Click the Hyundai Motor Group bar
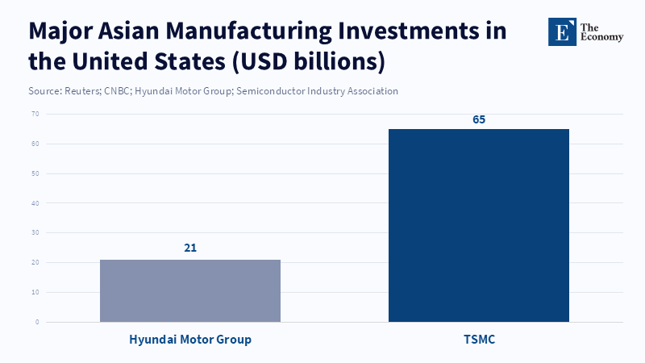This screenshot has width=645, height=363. (x=190, y=290)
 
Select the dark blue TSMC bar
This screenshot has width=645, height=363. (x=479, y=226)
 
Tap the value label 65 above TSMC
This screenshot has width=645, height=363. (x=479, y=119)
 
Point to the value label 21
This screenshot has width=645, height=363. (x=190, y=248)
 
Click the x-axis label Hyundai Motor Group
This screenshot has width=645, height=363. (x=190, y=340)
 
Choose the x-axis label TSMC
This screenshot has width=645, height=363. (x=479, y=340)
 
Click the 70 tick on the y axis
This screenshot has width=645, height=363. (x=35, y=114)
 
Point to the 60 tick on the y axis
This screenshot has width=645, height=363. (x=35, y=144)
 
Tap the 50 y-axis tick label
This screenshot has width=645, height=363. (x=35, y=173)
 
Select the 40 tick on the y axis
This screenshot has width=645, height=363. (x=35, y=203)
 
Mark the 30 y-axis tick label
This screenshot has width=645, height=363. (x=35, y=233)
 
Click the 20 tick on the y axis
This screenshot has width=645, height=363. (x=35, y=263)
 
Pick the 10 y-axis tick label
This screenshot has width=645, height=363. (x=35, y=292)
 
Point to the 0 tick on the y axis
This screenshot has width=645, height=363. (x=36, y=322)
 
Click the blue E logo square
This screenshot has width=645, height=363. (x=563, y=31)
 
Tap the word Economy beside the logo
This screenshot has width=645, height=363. (x=601, y=38)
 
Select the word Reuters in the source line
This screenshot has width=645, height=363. (x=81, y=91)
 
